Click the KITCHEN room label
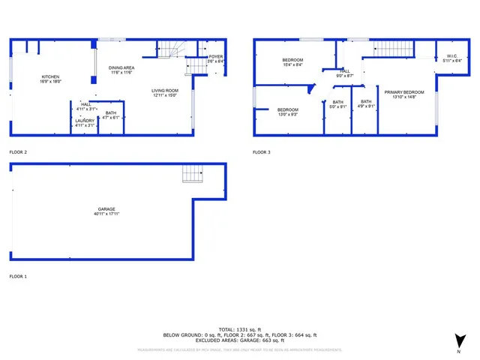click(x=49, y=76)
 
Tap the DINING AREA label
click(x=121, y=67)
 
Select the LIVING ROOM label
click(x=165, y=91)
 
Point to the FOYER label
click(x=216, y=57)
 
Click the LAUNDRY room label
click(x=85, y=121)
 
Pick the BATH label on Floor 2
click(x=110, y=112)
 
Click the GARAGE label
click(x=106, y=209)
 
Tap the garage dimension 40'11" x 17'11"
click(x=106, y=214)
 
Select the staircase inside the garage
click(x=193, y=175)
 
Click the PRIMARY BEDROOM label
click(x=404, y=92)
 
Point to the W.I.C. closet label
click(x=451, y=57)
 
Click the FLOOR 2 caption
click(x=18, y=152)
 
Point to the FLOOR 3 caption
click(x=261, y=152)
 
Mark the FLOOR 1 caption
click(x=18, y=277)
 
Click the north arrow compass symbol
click(x=457, y=341)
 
